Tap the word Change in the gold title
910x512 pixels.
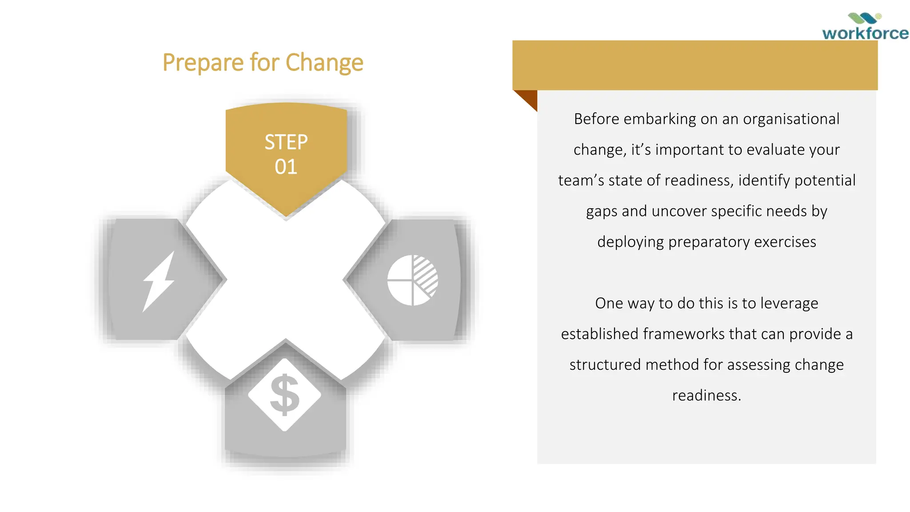324,63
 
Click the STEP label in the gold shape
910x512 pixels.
286,142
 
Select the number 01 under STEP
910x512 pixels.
286,167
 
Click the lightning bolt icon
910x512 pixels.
158,281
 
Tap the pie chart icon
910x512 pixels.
412,280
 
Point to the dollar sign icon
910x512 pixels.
284,395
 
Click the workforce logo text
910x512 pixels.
865,33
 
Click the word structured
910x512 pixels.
605,364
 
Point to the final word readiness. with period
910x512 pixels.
706,395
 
